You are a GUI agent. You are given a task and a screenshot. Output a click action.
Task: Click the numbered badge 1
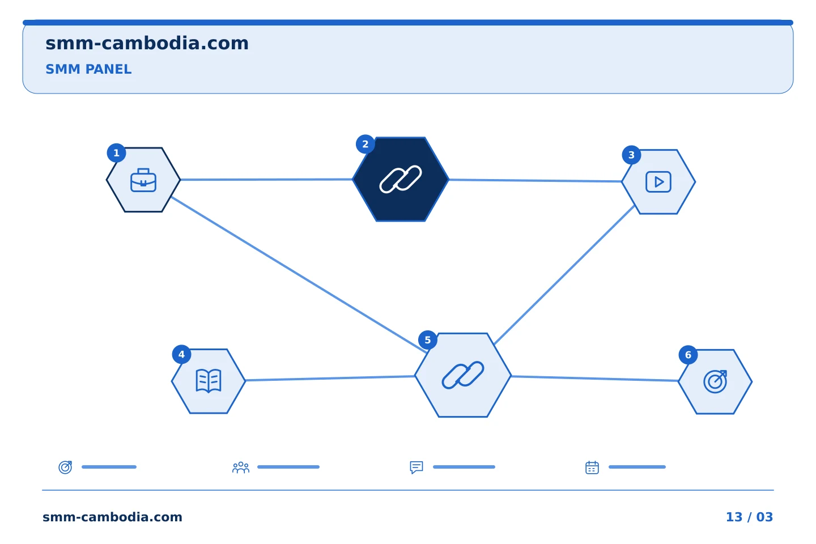pyautogui.click(x=116, y=153)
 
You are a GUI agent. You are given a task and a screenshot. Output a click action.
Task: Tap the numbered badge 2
pyautogui.click(x=365, y=144)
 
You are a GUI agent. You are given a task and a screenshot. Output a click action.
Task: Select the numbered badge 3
pyautogui.click(x=631, y=155)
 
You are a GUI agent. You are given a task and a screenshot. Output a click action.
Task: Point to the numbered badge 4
pyautogui.click(x=181, y=355)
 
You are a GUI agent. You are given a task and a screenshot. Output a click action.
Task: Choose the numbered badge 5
pyautogui.click(x=428, y=341)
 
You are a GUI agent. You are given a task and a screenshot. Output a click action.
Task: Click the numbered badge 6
pyautogui.click(x=688, y=355)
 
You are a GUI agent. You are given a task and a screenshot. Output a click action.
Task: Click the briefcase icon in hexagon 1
pyautogui.click(x=143, y=180)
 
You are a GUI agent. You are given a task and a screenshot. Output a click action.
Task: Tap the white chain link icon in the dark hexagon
pyautogui.click(x=401, y=179)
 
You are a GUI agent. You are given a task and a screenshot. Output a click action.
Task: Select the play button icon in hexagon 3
pyautogui.click(x=658, y=182)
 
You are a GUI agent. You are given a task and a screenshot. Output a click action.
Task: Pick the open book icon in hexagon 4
pyautogui.click(x=209, y=381)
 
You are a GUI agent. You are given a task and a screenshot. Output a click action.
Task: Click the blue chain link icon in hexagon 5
pyautogui.click(x=463, y=375)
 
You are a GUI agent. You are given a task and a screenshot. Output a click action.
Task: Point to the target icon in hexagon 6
pyautogui.click(x=716, y=382)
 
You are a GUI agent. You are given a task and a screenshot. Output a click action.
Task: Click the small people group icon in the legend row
pyautogui.click(x=241, y=467)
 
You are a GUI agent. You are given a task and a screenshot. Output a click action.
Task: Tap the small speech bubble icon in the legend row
pyautogui.click(x=416, y=467)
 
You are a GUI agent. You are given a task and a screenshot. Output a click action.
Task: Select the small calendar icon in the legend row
pyautogui.click(x=592, y=467)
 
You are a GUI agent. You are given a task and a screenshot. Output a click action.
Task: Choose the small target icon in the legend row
pyautogui.click(x=65, y=467)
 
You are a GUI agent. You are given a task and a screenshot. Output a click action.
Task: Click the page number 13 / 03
pyautogui.click(x=749, y=517)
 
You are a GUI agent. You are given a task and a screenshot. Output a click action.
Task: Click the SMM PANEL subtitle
pyautogui.click(x=88, y=69)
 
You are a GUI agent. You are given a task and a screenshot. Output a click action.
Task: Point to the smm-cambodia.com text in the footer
pyautogui.click(x=112, y=517)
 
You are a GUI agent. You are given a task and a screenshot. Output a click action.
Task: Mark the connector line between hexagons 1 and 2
pyautogui.click(x=266, y=180)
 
